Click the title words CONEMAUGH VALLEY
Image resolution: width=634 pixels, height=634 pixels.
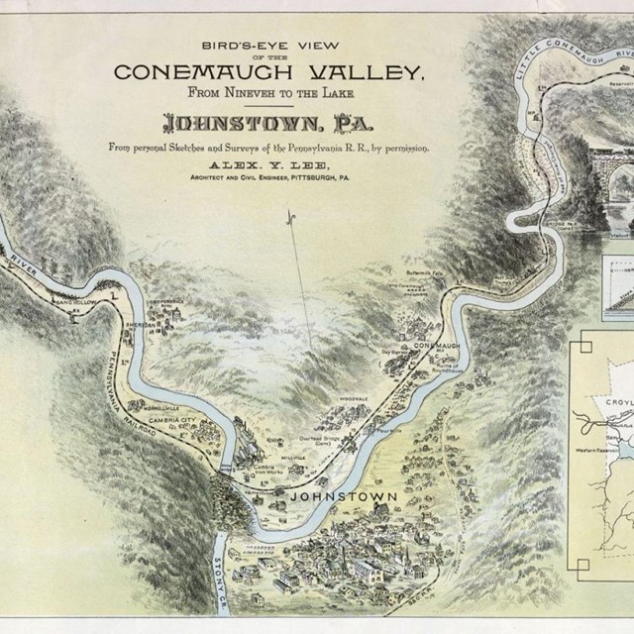point(269,71)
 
